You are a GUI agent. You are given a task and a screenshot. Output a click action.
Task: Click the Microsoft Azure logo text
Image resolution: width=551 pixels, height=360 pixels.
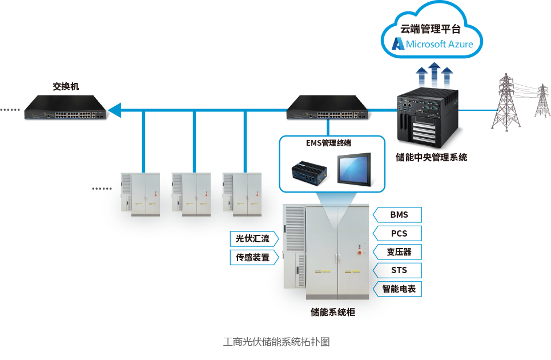(439, 44)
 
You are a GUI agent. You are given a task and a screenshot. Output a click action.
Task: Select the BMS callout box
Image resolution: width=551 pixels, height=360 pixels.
(399, 215)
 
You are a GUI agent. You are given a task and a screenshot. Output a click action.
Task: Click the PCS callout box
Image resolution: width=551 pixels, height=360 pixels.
(399, 234)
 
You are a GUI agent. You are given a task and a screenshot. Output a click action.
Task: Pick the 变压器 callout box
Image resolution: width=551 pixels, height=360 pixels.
(399, 252)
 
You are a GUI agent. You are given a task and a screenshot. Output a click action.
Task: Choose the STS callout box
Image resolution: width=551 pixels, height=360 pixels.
(399, 270)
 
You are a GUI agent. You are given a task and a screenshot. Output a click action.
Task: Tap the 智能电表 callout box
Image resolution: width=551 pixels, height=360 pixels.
(399, 289)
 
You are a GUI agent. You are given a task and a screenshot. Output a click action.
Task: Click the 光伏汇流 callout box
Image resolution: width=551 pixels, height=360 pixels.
(253, 238)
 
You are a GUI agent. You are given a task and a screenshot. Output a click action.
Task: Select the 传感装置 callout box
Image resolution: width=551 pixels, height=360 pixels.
(253, 257)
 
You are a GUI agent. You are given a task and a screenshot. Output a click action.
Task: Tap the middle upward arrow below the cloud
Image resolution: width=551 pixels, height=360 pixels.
(434, 74)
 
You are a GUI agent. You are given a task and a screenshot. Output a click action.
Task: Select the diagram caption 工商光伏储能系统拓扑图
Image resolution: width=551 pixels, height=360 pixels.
(276, 342)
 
